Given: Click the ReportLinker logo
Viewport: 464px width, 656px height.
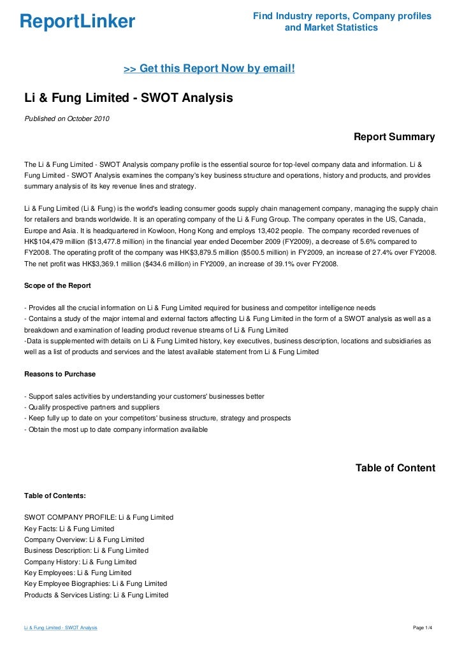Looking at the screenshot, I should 77,22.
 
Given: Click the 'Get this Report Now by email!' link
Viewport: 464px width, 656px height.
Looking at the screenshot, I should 208,68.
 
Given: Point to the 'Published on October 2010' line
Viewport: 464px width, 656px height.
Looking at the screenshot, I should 67,118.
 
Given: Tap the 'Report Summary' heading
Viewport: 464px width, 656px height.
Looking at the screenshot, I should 394,137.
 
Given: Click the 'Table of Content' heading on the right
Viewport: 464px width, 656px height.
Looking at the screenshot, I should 395,468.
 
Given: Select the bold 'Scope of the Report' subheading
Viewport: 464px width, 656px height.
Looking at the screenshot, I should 57,285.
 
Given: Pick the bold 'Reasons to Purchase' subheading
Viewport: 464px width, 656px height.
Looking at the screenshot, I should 60,374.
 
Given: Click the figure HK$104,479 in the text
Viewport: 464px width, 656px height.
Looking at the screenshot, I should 46,242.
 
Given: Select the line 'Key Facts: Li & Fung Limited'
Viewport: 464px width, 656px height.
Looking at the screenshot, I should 69,529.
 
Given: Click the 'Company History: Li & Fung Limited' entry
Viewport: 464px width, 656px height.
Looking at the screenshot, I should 80,562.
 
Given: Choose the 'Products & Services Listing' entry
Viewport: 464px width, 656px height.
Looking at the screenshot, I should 96,595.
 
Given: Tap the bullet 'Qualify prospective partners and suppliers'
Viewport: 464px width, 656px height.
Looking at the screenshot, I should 92,408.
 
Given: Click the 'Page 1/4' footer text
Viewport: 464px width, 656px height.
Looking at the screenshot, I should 423,628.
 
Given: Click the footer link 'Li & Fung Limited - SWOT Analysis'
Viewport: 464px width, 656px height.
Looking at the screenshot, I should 61,628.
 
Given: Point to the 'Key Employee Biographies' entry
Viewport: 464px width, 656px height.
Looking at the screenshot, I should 96,584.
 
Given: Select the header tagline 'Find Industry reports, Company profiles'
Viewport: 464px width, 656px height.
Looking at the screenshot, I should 342,16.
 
